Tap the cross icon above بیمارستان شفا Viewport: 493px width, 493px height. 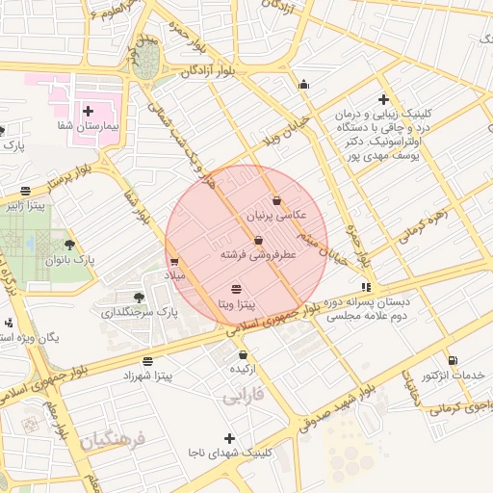coord(88,112)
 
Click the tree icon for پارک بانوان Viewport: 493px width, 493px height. coord(68,245)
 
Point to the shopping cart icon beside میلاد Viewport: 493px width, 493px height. coord(174,260)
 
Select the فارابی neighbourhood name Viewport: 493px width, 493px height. coord(243,395)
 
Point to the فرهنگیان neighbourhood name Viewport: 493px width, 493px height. coord(111,442)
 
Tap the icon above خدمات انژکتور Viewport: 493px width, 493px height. coord(429,358)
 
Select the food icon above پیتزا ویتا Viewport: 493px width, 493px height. coord(237,289)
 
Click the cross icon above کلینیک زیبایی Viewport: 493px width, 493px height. coord(383,99)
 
